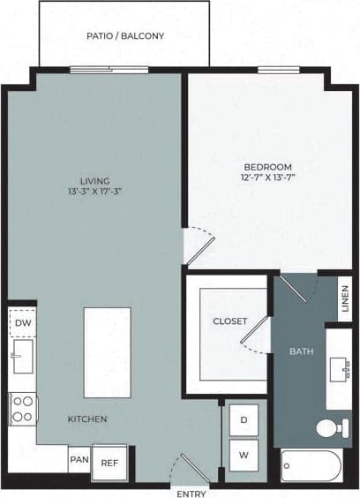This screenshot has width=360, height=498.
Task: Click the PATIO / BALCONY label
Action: pos(124,36)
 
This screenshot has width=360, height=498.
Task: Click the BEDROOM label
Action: pos(267,166)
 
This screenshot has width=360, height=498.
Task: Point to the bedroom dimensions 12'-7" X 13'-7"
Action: pos(267,177)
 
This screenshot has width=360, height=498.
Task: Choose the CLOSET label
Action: pos(229,321)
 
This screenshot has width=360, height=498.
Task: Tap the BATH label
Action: pos(301,352)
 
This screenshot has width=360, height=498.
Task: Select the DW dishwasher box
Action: pos(22,324)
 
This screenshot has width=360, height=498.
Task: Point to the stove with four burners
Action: pos(23,410)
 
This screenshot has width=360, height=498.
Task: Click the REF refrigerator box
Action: pos(109,463)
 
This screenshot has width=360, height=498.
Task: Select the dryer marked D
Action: pos(244,420)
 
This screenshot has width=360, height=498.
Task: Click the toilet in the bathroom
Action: pos(331,429)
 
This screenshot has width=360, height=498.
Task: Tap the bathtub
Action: pos(311,465)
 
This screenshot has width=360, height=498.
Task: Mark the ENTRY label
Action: pos(191,492)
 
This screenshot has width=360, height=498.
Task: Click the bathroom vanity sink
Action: pos(341,368)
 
